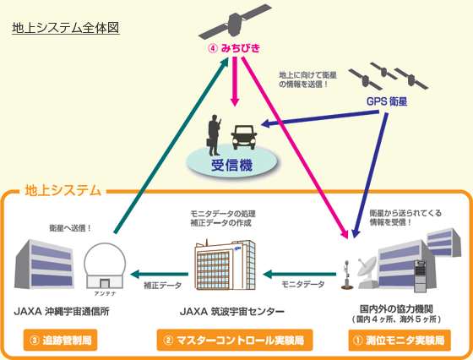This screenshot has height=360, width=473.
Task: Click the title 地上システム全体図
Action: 66,28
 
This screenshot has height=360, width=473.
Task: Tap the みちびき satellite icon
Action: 235,22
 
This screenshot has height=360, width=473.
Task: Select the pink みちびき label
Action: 234,48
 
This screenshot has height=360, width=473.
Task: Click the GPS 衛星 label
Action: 387,101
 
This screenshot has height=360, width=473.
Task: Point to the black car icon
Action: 244,137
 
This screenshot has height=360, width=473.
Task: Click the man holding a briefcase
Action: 215,135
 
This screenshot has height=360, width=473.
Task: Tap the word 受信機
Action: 231,165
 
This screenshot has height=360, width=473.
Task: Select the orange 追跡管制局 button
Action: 60,340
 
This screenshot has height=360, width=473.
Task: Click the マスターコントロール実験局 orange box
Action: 235,340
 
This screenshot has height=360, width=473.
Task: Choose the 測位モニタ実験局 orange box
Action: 400,340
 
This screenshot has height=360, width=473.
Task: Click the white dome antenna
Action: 105,265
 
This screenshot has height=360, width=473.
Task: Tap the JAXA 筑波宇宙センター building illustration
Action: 225,265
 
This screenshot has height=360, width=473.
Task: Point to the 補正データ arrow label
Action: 162,285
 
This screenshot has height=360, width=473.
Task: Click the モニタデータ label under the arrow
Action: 303,284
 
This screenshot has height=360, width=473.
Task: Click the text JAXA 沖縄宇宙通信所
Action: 62,311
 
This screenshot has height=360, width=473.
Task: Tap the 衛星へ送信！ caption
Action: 70,228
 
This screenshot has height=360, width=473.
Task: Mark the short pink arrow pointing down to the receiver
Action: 235,81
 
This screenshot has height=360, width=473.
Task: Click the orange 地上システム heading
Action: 63,191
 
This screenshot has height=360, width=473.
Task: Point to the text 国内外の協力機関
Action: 396,309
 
